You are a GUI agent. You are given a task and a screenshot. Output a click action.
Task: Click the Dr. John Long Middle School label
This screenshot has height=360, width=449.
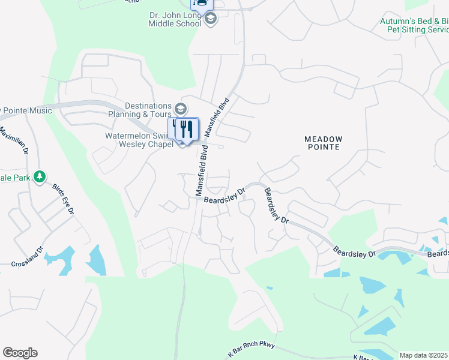175,19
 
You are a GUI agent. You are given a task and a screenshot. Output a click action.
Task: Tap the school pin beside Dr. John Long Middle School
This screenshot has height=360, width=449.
210,19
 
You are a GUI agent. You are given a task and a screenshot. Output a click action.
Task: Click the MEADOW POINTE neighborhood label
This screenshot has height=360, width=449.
323,143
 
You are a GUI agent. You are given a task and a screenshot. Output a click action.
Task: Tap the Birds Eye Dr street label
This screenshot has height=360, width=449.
62,199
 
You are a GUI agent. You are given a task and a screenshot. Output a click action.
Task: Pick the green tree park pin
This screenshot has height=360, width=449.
40,177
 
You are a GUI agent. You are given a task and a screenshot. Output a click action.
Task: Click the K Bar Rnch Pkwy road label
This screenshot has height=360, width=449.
252,350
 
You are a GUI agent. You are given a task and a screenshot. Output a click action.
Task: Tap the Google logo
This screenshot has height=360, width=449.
20,353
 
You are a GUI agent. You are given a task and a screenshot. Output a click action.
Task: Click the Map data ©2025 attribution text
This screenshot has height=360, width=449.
424,355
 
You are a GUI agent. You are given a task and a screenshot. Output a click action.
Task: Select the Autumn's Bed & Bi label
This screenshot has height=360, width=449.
414,21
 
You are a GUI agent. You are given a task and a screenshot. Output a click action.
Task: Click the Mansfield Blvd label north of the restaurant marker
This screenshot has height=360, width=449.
217,115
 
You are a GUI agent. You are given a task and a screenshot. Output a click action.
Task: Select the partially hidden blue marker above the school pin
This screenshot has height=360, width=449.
202,4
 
